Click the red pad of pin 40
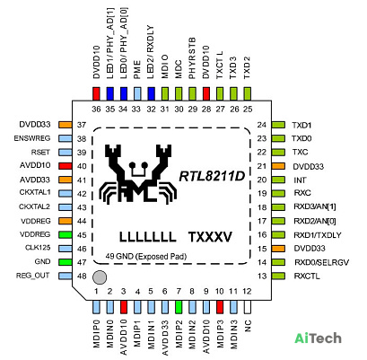(66, 166)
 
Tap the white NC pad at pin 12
(247, 307)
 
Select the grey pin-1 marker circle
(100, 277)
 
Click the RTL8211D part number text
(212, 176)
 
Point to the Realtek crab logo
(139, 173)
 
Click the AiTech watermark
(318, 338)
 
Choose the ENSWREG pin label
(32, 138)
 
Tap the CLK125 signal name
(38, 248)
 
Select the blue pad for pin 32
(152, 93)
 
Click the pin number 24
(262, 125)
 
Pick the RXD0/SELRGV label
(321, 262)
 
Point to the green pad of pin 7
(179, 307)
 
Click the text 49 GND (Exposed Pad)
(146, 257)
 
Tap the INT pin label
(300, 180)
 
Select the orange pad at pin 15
(278, 249)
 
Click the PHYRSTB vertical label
(192, 58)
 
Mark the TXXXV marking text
(210, 237)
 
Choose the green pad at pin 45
(66, 234)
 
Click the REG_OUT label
(33, 276)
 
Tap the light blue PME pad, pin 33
(137, 93)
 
